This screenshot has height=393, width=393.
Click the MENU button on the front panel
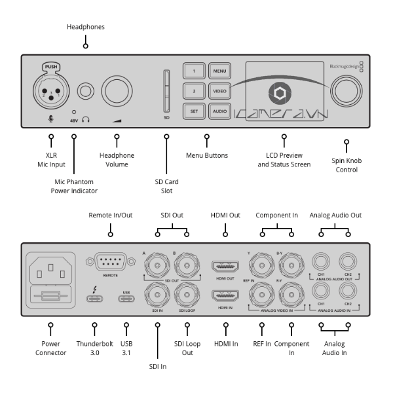click(x=219, y=71)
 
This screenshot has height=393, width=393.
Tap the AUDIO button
click(x=219, y=111)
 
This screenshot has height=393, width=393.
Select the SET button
click(x=194, y=111)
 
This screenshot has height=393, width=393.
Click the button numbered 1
click(x=194, y=71)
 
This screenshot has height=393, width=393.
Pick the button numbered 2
click(x=194, y=91)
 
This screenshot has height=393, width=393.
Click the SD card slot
click(x=166, y=91)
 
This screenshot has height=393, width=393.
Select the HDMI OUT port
click(x=224, y=266)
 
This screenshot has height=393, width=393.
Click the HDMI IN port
click(x=224, y=294)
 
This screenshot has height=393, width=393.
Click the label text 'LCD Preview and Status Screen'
click(x=284, y=160)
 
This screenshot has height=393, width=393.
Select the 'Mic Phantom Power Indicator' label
click(x=74, y=186)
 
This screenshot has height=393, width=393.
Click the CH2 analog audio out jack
click(x=347, y=263)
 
